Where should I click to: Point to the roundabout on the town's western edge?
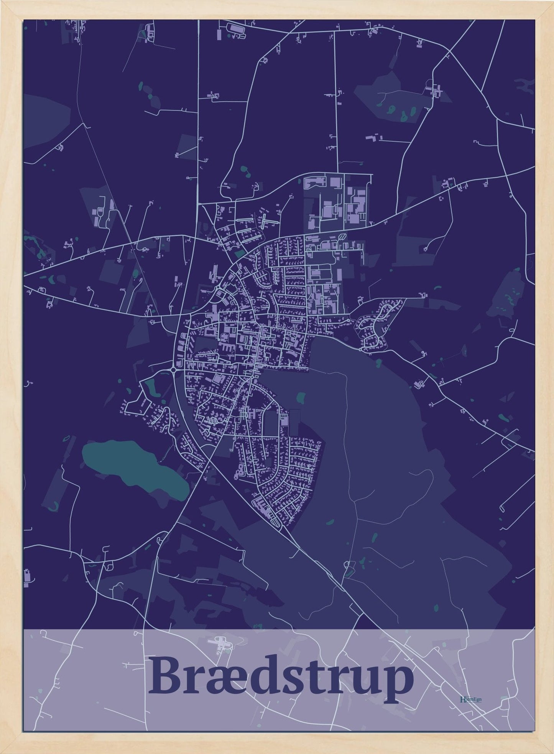pyautogui.click(x=173, y=370)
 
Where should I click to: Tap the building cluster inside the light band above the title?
pyautogui.click(x=219, y=641)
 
